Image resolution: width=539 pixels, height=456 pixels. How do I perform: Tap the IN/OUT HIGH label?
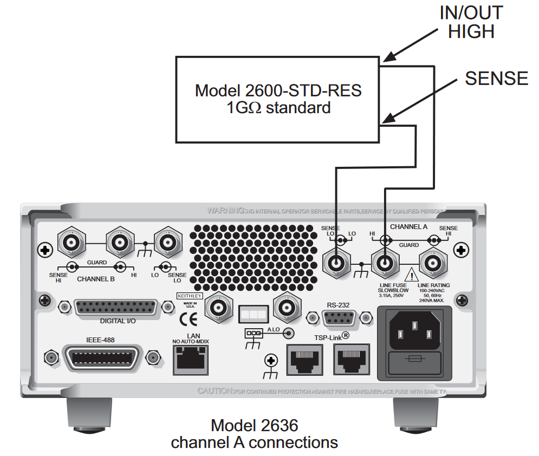[471, 22]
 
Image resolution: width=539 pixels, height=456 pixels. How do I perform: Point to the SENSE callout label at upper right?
[496, 79]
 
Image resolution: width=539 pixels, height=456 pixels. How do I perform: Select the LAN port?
[190, 360]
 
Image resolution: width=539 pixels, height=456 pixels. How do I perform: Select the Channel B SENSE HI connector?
[72, 242]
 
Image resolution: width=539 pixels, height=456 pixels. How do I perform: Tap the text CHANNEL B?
[96, 279]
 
